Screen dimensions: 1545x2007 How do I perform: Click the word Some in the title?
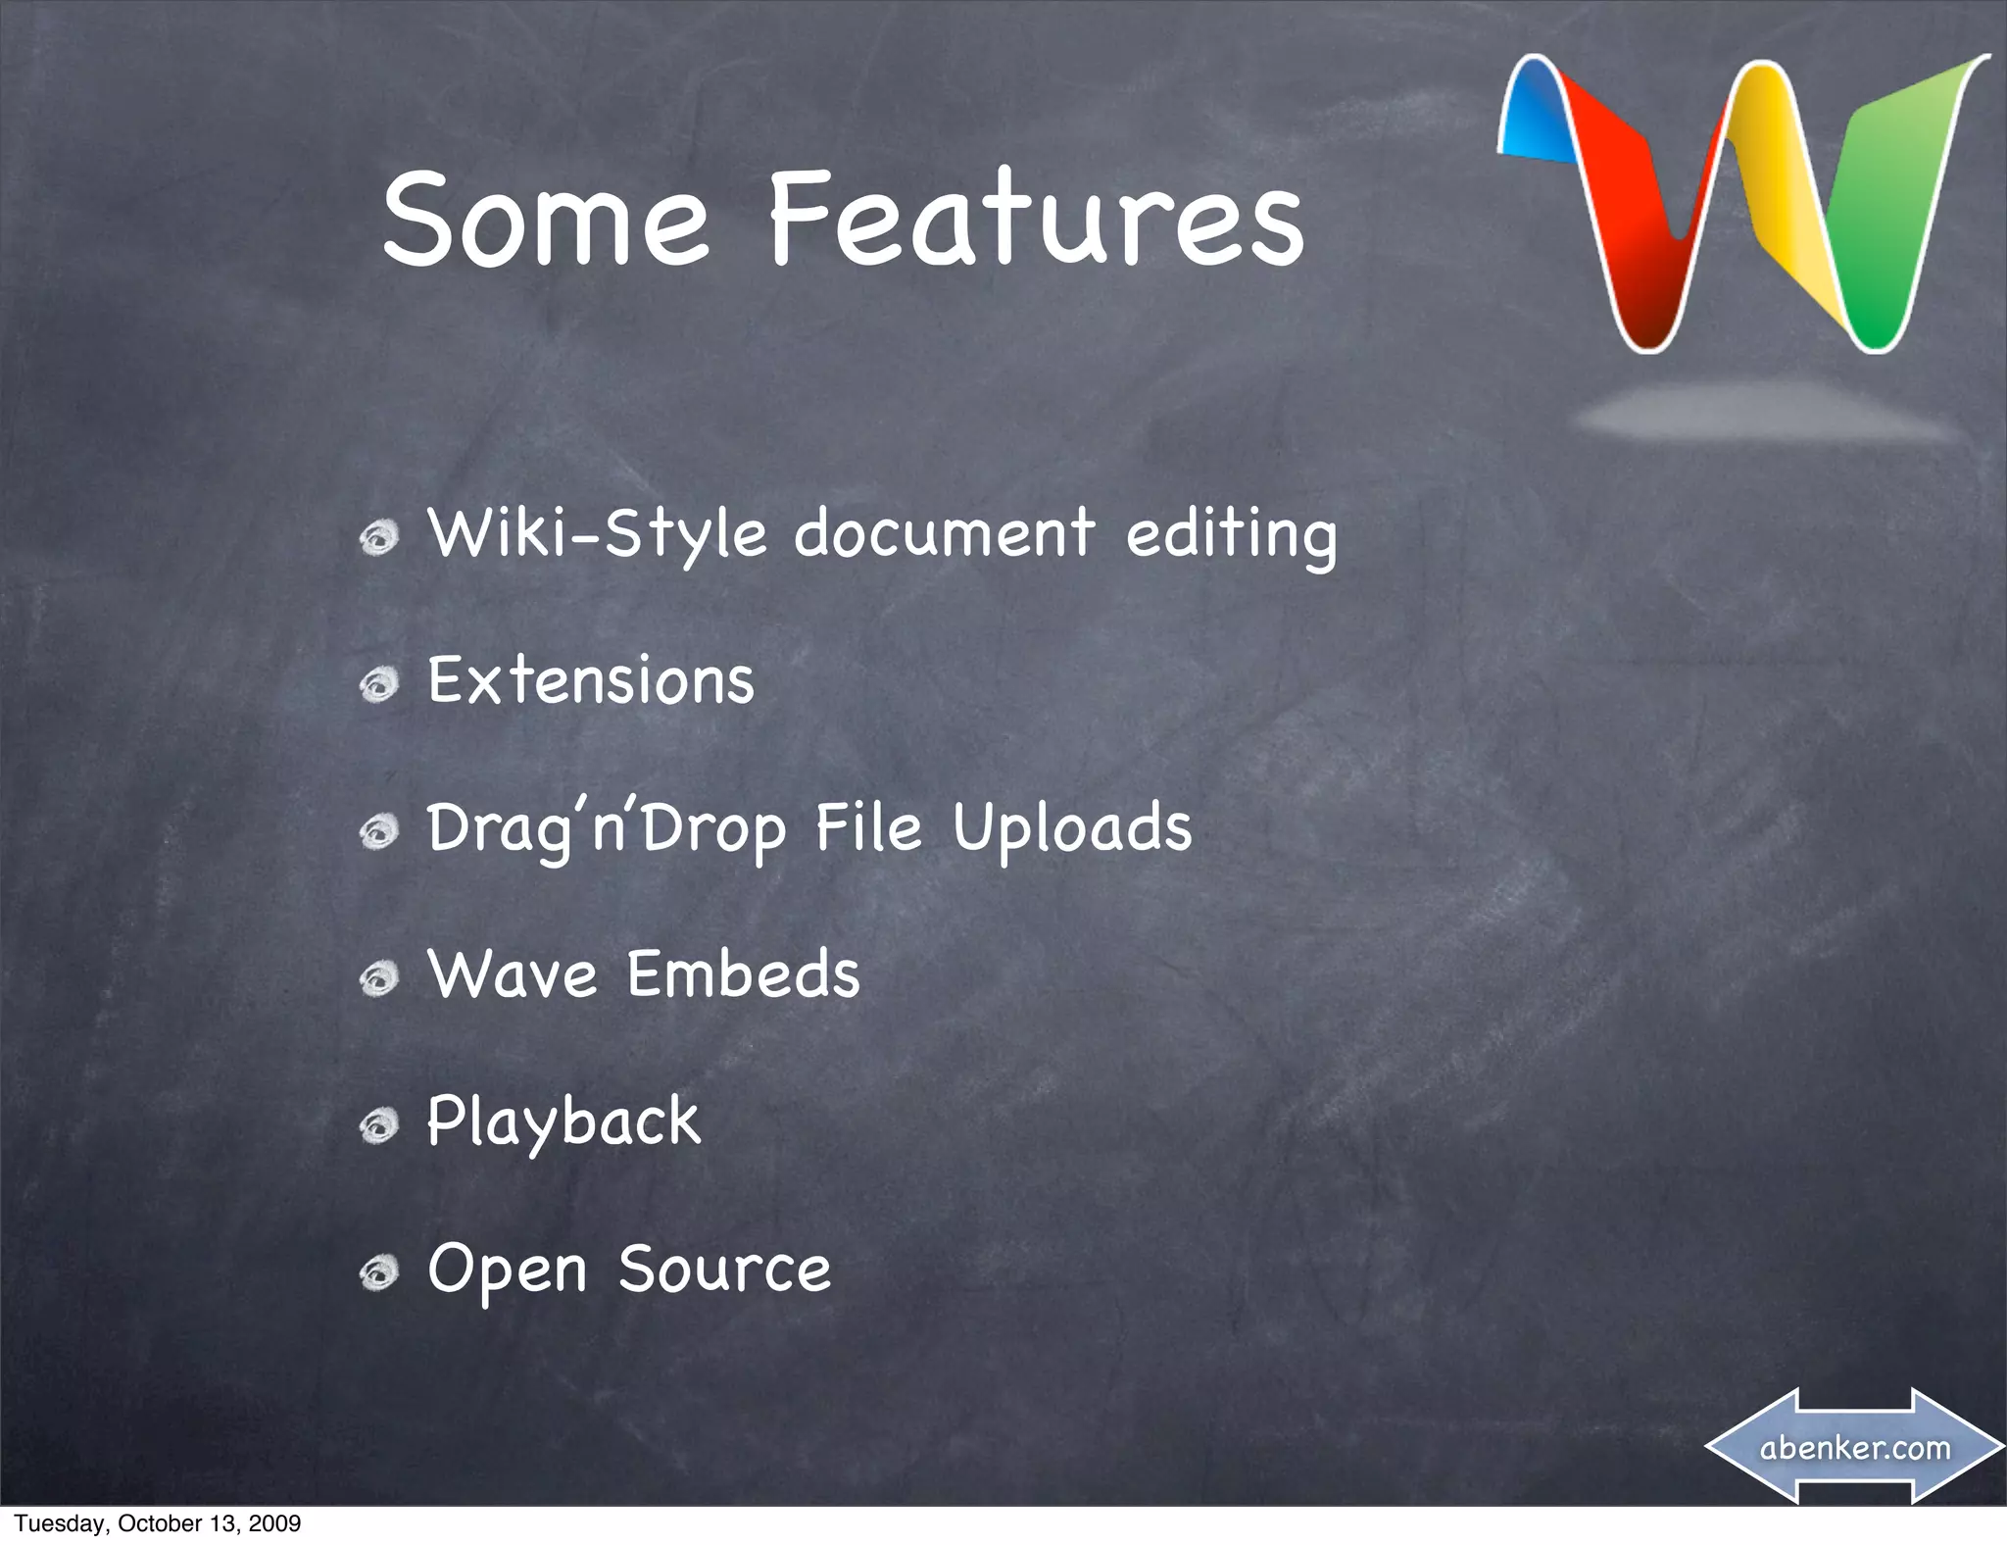[545, 220]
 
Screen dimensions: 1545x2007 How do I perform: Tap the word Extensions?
[591, 680]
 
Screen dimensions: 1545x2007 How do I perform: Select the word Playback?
[563, 1121]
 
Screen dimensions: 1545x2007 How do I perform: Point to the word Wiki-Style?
[597, 535]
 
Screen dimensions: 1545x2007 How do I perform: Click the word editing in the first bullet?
[1231, 535]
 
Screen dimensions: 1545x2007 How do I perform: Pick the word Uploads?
[1072, 828]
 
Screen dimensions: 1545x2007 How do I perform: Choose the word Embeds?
[743, 974]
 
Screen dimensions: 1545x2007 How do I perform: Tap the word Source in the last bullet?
[724, 1269]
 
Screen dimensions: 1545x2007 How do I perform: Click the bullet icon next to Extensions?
[378, 684]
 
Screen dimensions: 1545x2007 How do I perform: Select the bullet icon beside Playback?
[378, 1125]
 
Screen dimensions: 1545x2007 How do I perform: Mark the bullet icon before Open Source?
[378, 1272]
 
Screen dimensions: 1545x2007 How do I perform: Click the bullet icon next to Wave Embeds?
[378, 978]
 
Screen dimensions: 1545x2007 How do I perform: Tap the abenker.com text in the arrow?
[1854, 1447]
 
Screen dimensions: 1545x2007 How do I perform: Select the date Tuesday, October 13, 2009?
[157, 1523]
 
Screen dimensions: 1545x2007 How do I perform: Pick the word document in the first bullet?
[944, 535]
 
